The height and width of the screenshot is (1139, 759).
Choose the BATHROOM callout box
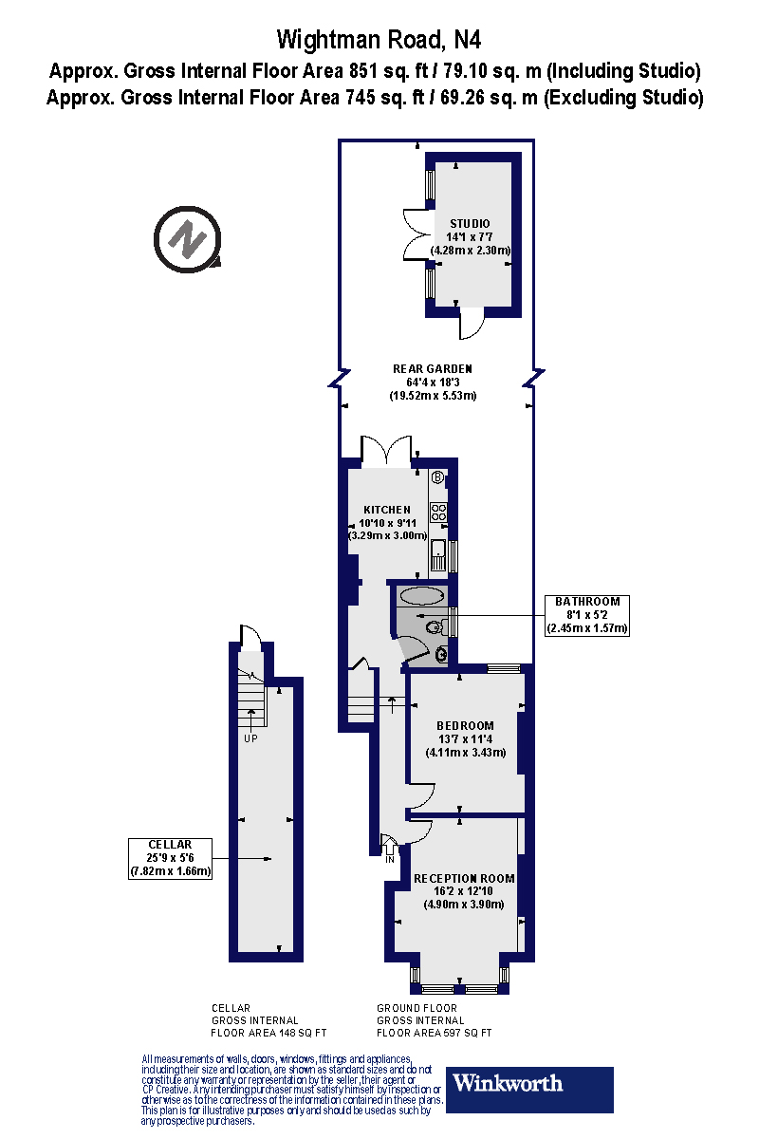pos(587,615)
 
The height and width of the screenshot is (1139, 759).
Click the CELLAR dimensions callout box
pos(170,858)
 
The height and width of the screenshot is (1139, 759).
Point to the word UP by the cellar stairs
pos(251,738)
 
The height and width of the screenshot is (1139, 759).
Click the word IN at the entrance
pos(389,859)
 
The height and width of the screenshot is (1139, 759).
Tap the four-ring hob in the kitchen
pos(439,513)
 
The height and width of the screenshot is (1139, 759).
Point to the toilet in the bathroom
pos(435,626)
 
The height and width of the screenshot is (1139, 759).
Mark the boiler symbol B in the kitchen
pos(437,477)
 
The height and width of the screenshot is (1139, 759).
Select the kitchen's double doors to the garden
pos(387,450)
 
